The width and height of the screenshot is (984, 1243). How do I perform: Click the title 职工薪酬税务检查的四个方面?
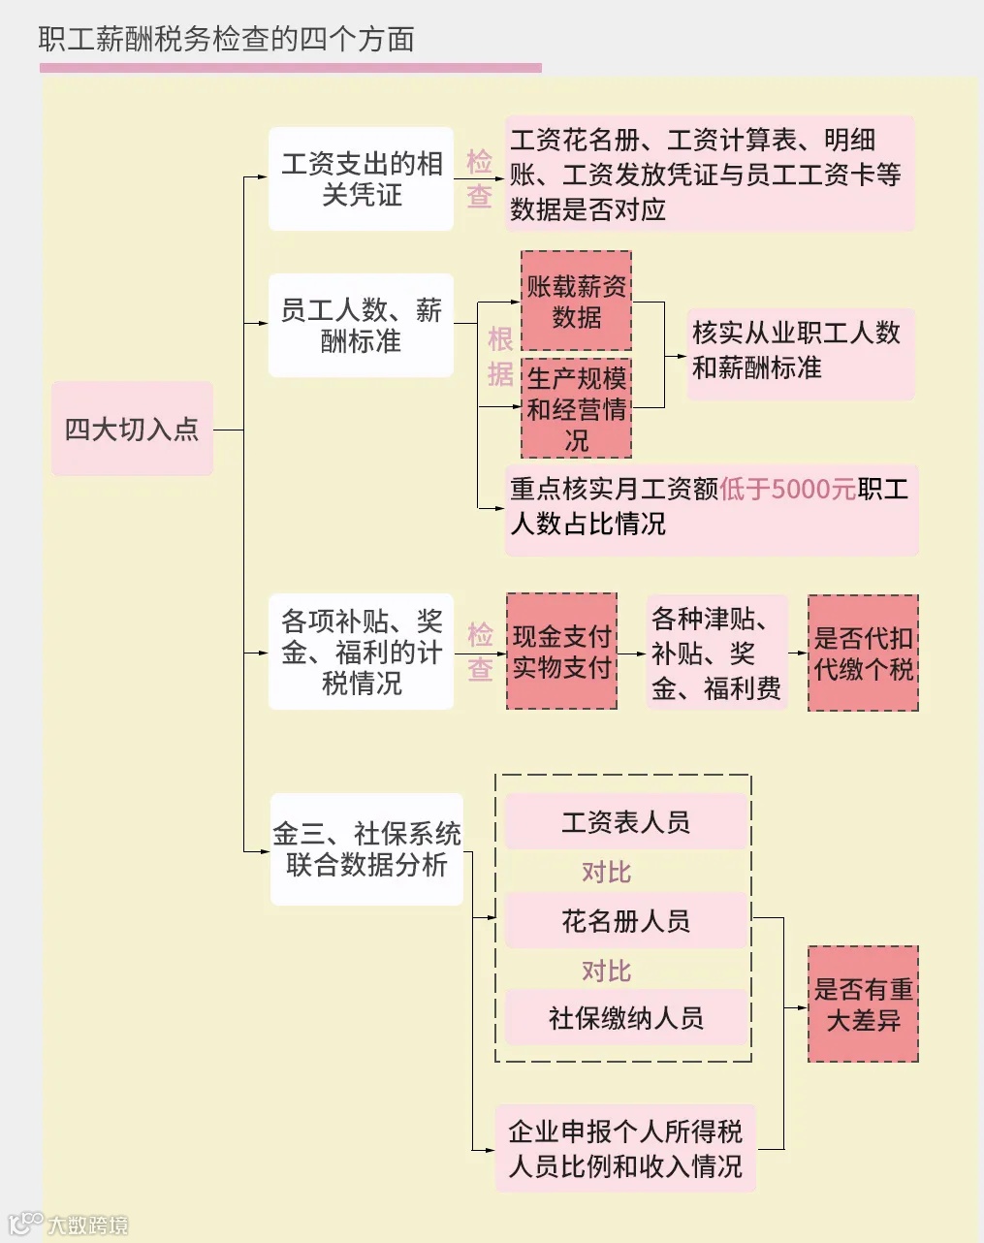tap(226, 40)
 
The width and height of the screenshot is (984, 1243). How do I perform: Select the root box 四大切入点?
tap(132, 429)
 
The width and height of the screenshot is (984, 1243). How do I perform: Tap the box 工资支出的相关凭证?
tap(361, 179)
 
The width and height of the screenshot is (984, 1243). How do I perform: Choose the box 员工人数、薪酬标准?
tap(361, 326)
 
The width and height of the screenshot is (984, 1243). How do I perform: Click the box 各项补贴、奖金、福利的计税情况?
tap(361, 652)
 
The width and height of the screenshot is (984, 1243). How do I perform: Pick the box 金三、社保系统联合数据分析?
tap(366, 849)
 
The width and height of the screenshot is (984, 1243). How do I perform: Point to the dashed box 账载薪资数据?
tap(576, 302)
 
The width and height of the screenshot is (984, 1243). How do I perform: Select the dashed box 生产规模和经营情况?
tap(576, 409)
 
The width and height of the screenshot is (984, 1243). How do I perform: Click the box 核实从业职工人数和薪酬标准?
tap(800, 351)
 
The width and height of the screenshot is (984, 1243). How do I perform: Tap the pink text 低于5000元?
tap(787, 489)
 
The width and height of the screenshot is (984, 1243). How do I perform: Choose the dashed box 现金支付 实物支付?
tap(561, 652)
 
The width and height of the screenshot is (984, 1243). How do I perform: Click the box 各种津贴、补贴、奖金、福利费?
tap(716, 653)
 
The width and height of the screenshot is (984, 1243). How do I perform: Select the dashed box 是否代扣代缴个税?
tap(863, 653)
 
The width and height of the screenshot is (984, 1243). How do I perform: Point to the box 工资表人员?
tap(626, 822)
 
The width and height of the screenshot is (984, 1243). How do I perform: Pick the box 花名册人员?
tap(626, 920)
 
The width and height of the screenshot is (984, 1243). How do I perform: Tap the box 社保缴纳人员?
tap(626, 1017)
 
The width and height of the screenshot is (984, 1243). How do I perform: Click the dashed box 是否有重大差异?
tap(863, 1004)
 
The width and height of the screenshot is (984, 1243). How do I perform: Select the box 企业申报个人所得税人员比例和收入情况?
tap(625, 1149)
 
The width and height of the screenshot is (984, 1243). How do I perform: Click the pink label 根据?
tap(500, 356)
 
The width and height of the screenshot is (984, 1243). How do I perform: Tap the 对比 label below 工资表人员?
tap(606, 872)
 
